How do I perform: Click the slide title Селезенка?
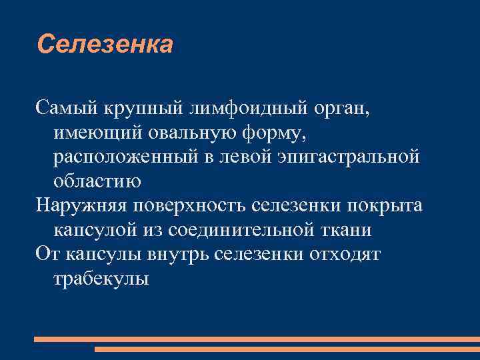click(105, 45)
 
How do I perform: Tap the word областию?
click(97, 181)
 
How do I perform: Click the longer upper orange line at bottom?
click(257, 339)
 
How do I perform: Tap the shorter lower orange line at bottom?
click(287, 349)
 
